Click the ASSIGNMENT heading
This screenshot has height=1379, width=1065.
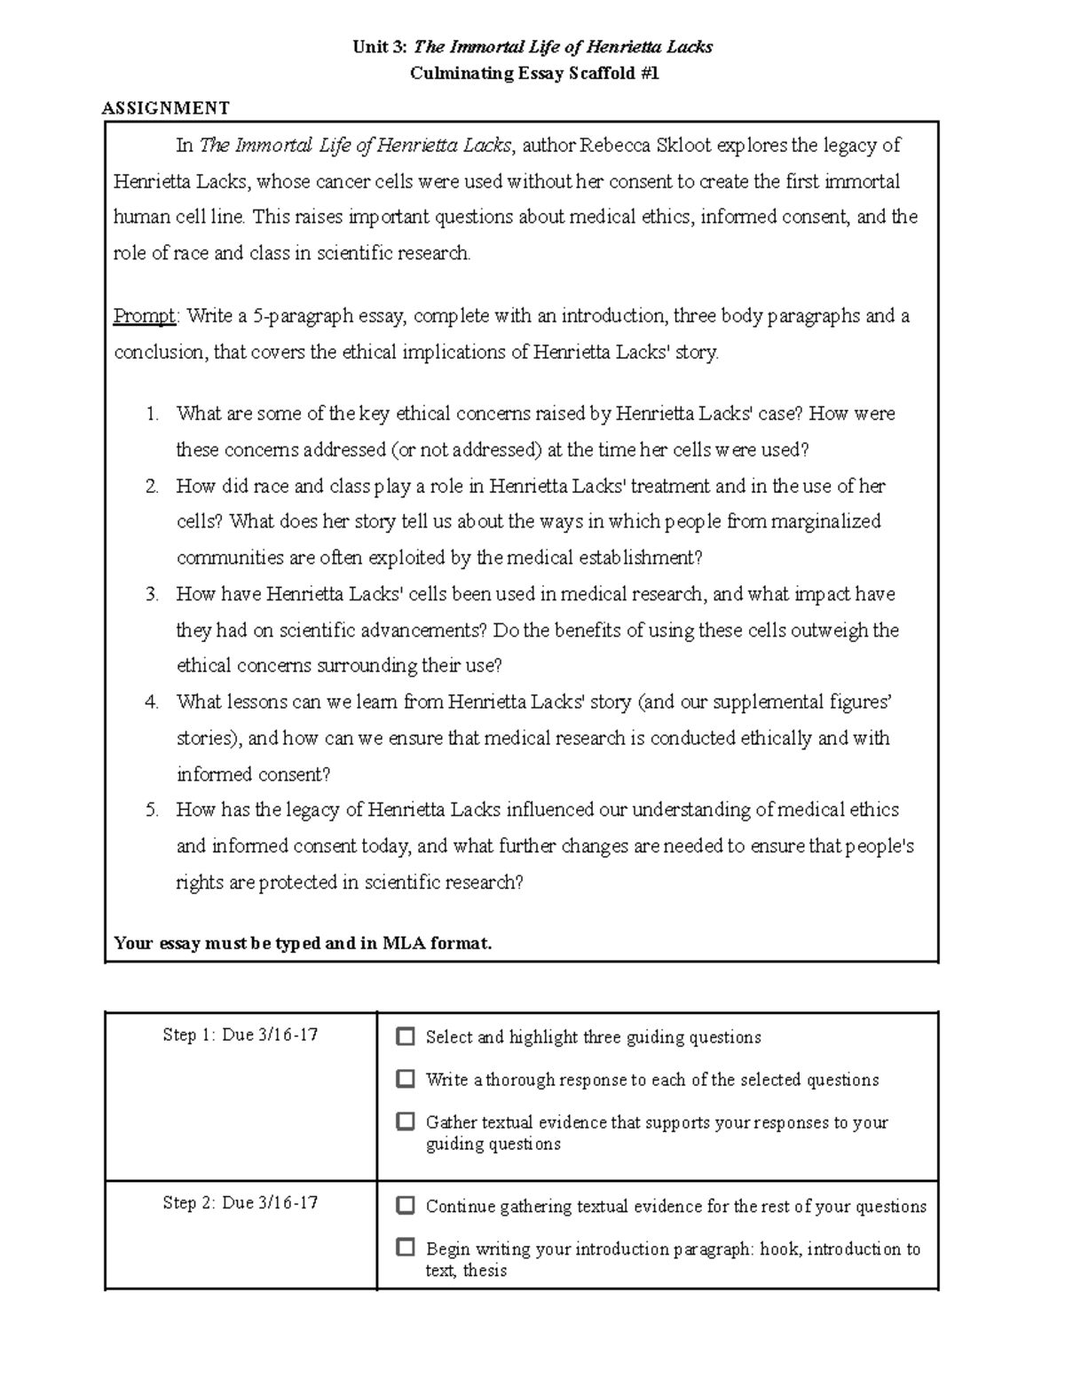166,108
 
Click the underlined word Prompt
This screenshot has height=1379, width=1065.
145,316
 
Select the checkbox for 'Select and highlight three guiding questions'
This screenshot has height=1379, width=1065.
406,1036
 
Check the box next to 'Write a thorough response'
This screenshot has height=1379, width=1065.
406,1079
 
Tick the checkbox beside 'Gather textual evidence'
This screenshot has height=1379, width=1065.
406,1121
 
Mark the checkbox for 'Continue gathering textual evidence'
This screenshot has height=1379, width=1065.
406,1206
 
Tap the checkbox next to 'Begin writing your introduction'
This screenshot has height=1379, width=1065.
406,1248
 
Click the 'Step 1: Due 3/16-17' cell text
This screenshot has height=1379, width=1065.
241,1034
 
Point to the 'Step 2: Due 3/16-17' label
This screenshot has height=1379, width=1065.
241,1203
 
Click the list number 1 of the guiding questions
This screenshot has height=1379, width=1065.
153,414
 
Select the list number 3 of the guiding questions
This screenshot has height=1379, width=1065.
153,594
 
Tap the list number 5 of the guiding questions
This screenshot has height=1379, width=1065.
153,810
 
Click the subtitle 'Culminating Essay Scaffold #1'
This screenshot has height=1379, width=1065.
533,74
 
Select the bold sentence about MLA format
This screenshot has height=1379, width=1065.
303,944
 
